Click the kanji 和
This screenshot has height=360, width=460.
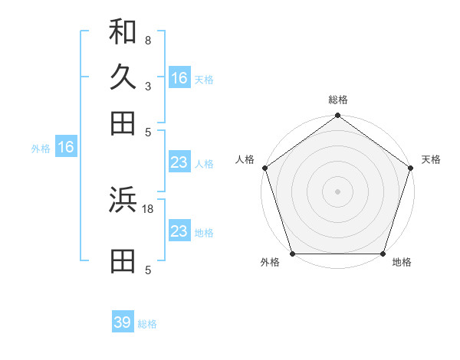click(x=123, y=31)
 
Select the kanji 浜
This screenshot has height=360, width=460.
click(x=123, y=200)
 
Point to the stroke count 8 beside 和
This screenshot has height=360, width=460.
click(x=147, y=40)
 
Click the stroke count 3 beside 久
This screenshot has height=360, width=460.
click(x=147, y=86)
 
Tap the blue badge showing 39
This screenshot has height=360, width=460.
click(x=123, y=322)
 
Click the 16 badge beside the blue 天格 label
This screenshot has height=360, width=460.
click(x=179, y=78)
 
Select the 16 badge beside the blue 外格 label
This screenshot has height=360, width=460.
click(x=66, y=148)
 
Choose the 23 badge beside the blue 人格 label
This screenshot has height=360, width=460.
click(x=179, y=162)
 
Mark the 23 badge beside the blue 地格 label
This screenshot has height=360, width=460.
click(x=179, y=231)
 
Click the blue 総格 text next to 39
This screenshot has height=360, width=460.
click(x=147, y=324)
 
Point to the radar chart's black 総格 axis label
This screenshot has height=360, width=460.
click(x=338, y=100)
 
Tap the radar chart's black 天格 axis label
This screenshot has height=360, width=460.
click(x=431, y=159)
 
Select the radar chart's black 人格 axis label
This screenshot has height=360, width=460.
click(x=245, y=159)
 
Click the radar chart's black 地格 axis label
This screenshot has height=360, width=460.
click(x=402, y=263)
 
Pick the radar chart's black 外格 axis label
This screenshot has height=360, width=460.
click(x=270, y=263)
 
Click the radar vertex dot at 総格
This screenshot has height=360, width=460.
click(x=338, y=116)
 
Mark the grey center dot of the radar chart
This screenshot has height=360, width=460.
click(x=338, y=191)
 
